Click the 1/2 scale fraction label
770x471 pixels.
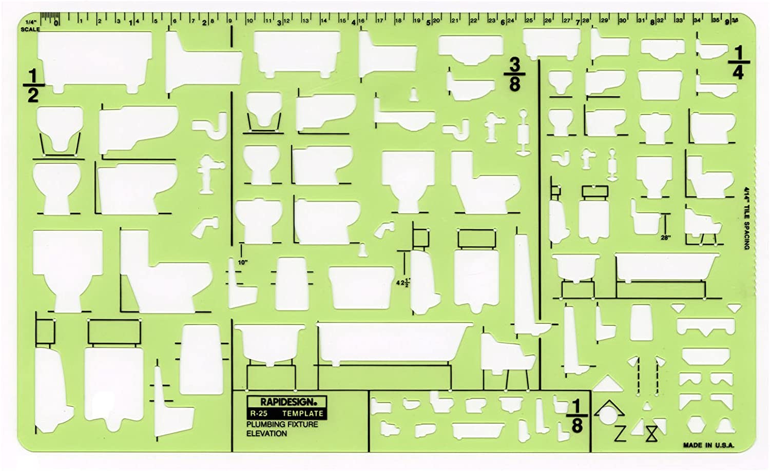33,85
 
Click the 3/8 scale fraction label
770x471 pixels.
514,75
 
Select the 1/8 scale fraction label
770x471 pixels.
576,416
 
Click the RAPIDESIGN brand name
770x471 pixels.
286,402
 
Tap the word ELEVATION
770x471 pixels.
266,434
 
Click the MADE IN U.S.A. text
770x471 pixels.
708,445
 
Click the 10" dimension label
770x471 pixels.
243,262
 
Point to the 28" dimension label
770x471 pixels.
666,238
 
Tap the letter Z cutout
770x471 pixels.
620,434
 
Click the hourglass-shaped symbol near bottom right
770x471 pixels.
651,435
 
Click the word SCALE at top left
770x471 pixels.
30,29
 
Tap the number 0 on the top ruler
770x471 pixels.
56,22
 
